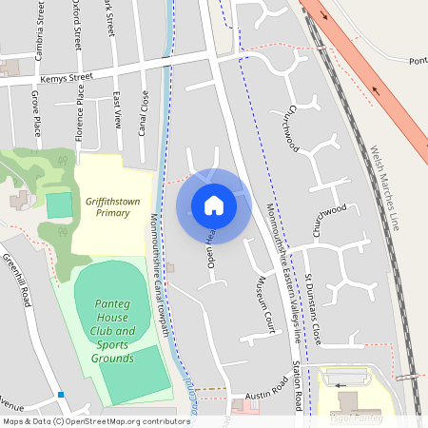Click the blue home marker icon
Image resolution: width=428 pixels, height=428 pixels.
(214, 205)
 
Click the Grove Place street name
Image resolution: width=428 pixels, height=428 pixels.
(35, 112)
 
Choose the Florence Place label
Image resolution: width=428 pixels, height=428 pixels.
(81, 107)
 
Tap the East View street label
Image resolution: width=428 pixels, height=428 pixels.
(117, 110)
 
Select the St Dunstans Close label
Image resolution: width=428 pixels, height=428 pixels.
(314, 309)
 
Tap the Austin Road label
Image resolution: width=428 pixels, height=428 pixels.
(266, 391)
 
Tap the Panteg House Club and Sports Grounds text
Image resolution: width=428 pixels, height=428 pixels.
(112, 331)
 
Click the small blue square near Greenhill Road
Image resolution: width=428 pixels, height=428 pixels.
(61, 394)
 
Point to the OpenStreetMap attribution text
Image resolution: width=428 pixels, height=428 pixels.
(83, 420)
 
